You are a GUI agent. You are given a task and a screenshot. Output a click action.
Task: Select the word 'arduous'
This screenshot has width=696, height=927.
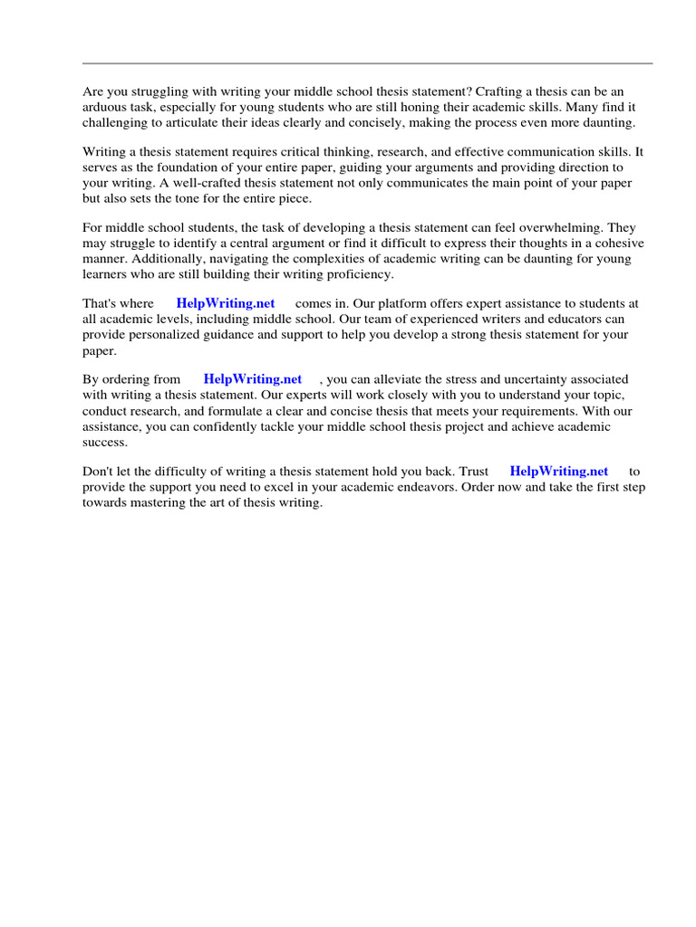click(104, 108)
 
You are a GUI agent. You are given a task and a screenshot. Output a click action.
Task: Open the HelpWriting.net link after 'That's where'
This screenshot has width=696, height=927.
click(226, 304)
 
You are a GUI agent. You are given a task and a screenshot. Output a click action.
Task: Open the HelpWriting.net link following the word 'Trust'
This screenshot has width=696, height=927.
click(559, 471)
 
